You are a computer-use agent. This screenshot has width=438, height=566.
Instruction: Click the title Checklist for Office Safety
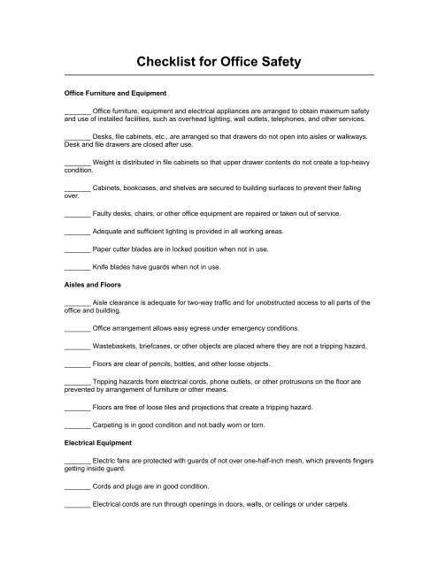click(219, 62)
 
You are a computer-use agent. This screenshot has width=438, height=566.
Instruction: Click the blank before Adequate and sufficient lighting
click(78, 229)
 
